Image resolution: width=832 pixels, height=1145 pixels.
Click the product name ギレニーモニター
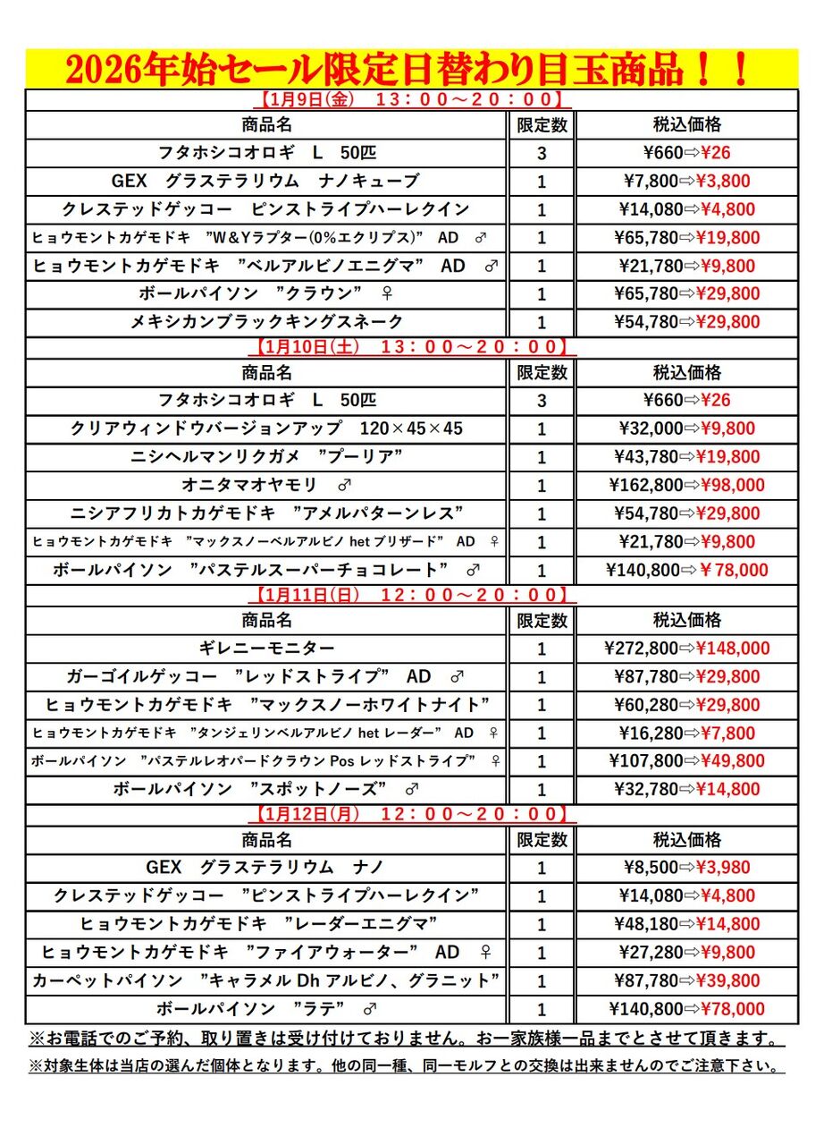point(267,648)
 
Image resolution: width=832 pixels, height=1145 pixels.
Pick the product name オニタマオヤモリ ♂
point(267,485)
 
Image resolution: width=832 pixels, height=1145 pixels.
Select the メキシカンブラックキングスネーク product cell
point(267,321)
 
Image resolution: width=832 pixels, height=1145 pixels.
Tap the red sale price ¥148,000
point(732,649)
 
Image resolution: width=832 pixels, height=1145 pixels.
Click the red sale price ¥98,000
point(732,486)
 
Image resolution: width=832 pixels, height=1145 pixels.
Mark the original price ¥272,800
point(641,649)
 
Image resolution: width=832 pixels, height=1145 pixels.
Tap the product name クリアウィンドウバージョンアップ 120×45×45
point(267,428)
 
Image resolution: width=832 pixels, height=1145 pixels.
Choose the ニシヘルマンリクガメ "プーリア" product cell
point(267,457)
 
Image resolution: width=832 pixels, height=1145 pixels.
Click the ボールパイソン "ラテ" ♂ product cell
point(267,1009)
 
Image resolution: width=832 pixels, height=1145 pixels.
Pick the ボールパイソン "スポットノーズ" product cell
point(267,789)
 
